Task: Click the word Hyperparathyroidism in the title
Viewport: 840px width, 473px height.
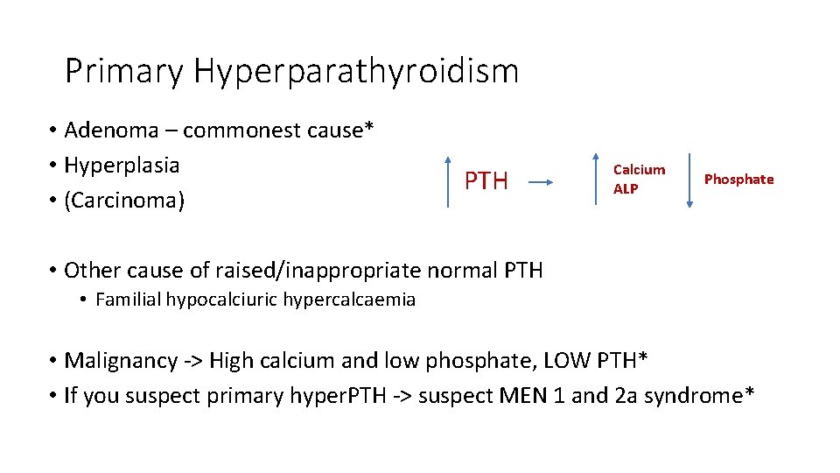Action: [x=356, y=72]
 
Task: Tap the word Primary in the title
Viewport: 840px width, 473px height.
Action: [x=124, y=72]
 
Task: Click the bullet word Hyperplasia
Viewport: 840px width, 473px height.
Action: [x=122, y=166]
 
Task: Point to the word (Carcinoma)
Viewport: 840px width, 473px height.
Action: [x=124, y=201]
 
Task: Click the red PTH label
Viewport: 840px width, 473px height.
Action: [x=486, y=181]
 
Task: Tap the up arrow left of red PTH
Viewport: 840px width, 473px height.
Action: [x=448, y=181]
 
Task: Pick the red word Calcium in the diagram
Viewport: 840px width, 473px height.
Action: [x=639, y=170]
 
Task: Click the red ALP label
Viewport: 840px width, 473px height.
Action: [x=626, y=188]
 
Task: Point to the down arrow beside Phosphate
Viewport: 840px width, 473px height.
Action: [x=689, y=180]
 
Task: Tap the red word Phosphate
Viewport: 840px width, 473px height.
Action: [x=738, y=180]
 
